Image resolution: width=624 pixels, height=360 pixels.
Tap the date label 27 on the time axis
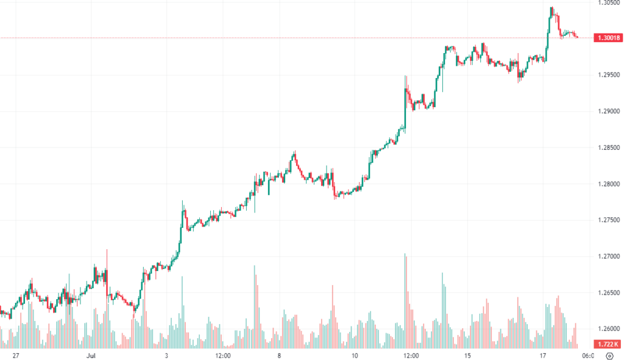coord(16,355)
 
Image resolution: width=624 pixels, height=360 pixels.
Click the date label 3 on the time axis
coord(166,355)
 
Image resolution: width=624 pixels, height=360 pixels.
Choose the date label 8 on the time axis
coord(278,355)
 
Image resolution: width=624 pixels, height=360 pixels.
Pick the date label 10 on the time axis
coord(353,355)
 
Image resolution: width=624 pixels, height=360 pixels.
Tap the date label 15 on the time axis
coord(467,355)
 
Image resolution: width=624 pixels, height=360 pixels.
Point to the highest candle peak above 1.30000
coord(551,7)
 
